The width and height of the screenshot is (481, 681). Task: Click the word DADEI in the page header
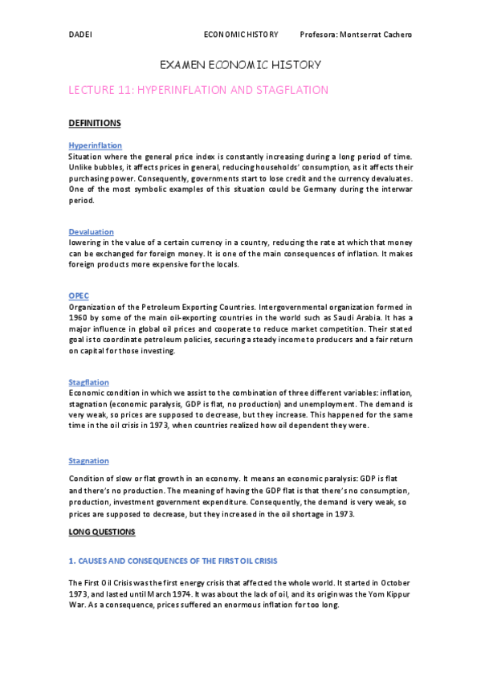click(79, 35)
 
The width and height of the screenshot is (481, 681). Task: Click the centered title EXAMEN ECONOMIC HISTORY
click(241, 64)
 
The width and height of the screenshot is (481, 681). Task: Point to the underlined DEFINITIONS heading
click(95, 123)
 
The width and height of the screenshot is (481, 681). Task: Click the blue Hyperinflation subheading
click(95, 145)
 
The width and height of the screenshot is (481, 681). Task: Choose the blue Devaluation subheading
click(92, 231)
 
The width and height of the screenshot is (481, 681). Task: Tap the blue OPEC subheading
click(78, 296)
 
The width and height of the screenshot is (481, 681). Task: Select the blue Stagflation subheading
click(89, 382)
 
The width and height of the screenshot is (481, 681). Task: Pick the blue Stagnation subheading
click(89, 461)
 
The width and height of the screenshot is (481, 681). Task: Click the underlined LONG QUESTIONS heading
click(102, 532)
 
